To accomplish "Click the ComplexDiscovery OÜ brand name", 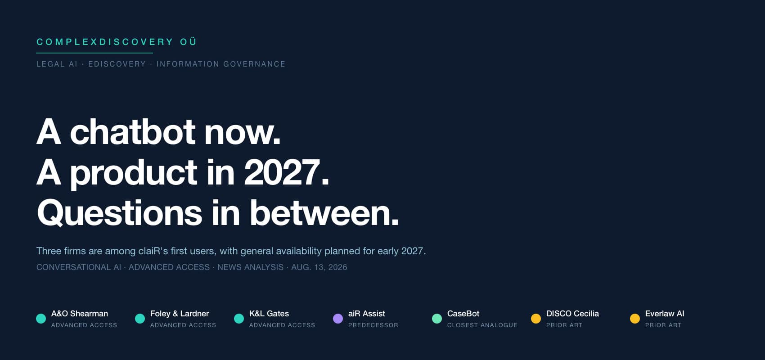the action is point(117,42).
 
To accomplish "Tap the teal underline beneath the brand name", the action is point(94,53).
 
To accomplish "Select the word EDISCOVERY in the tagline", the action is point(117,64).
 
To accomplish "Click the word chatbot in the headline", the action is point(132,132).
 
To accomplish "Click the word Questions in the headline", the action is point(120,213).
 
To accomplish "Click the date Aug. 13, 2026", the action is point(319,267).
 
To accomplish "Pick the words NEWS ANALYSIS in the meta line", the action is point(250,267).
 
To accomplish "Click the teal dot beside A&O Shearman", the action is point(41,318).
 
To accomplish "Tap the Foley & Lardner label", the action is point(180,314).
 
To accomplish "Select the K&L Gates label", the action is point(269,314).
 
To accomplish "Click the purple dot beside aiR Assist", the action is point(338,318).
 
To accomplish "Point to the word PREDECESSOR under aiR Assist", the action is point(373,325).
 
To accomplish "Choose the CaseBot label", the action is point(463,314).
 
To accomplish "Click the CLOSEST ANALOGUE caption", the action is point(482,325).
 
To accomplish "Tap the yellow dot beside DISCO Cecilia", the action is point(536,318).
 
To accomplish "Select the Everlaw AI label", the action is point(665,314).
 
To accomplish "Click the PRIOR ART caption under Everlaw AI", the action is point(663,325).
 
